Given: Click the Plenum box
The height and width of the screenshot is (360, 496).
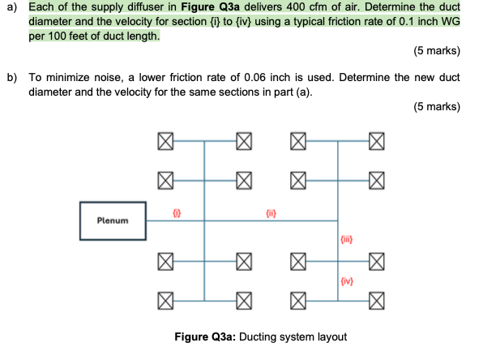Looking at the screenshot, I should [113, 220].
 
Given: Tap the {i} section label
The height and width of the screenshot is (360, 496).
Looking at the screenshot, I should [176, 212].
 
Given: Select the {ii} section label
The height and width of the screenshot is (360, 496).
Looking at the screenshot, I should [272, 212].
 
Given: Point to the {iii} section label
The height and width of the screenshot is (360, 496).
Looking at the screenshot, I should [346, 238].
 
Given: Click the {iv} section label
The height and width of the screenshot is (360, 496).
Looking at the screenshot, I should [346, 282].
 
